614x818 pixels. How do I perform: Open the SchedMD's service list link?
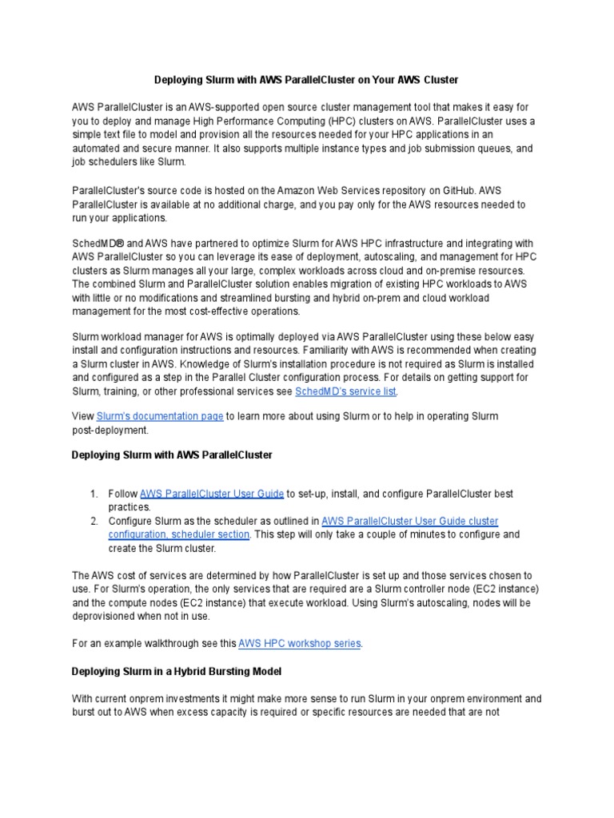345,391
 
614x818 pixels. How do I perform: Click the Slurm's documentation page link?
159,416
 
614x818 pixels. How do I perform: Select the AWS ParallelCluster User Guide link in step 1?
212,494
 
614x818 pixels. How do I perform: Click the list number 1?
94,494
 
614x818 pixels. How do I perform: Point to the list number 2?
94,521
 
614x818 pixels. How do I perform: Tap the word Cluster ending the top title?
440,80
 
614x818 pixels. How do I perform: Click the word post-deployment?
110,430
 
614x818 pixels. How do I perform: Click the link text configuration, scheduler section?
180,534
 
